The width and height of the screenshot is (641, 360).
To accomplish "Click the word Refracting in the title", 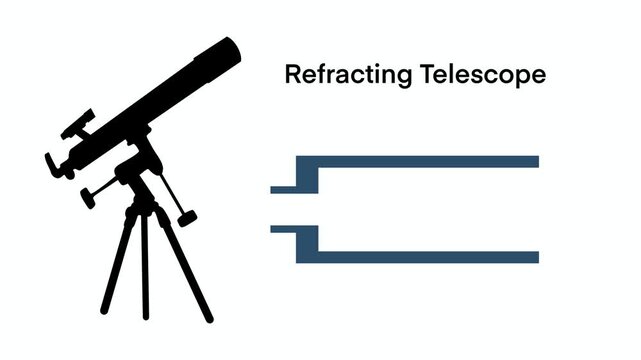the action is [x=334, y=76].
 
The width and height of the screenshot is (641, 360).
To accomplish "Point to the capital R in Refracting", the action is [x=291, y=75].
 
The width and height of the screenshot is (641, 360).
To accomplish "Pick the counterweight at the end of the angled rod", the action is [x=186, y=215].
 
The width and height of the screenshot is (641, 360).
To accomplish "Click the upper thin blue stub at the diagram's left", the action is [x=283, y=188].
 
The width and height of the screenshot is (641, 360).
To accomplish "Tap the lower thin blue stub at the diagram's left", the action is [x=283, y=230].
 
